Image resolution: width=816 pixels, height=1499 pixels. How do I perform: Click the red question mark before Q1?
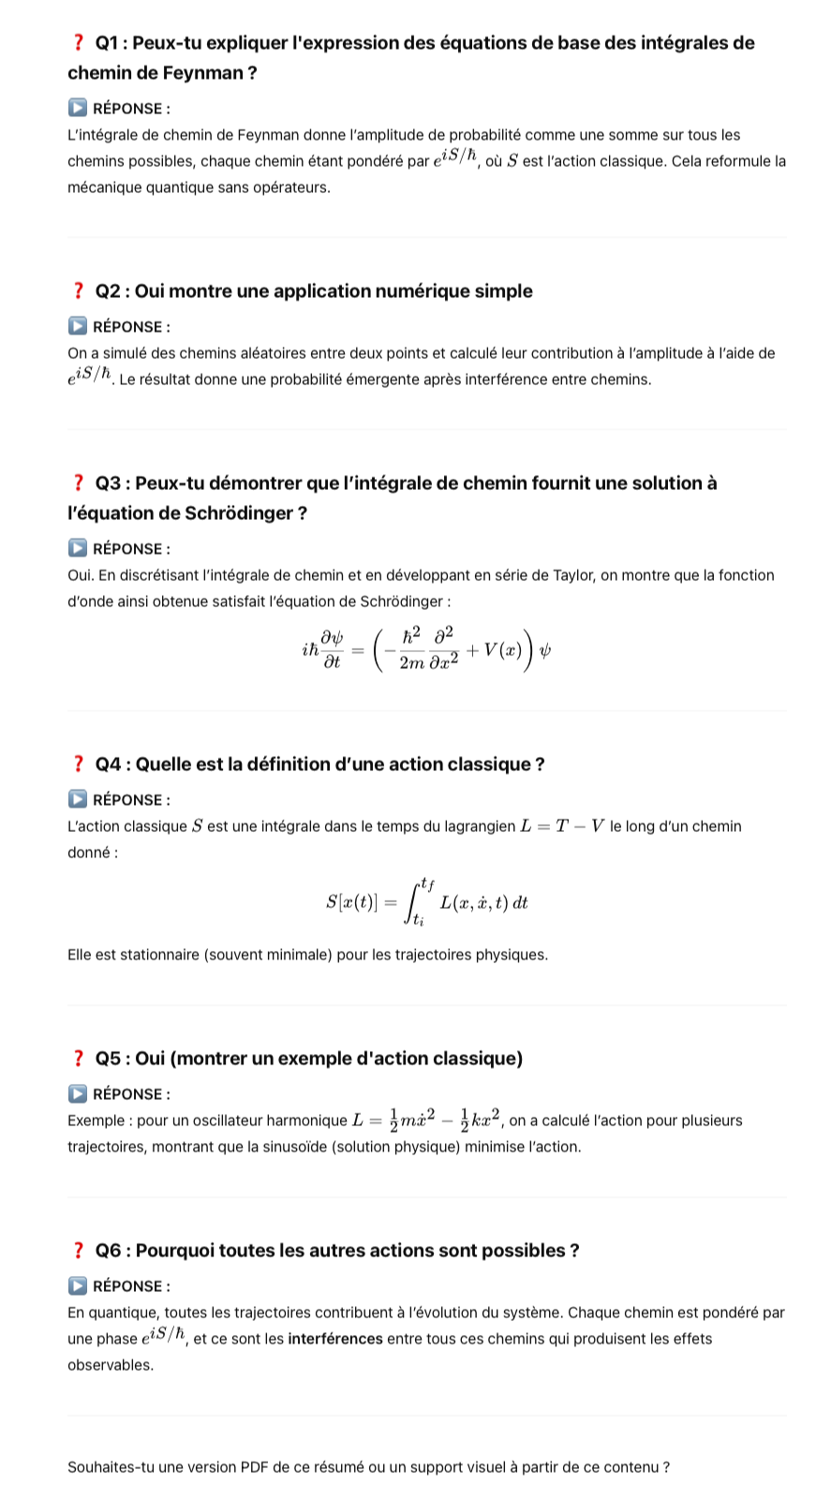(78, 43)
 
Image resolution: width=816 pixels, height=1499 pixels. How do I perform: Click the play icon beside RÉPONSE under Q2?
(78, 327)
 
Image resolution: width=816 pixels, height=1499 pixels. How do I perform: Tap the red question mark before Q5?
(78, 1059)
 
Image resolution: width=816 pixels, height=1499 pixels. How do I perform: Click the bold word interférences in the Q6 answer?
(335, 1339)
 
